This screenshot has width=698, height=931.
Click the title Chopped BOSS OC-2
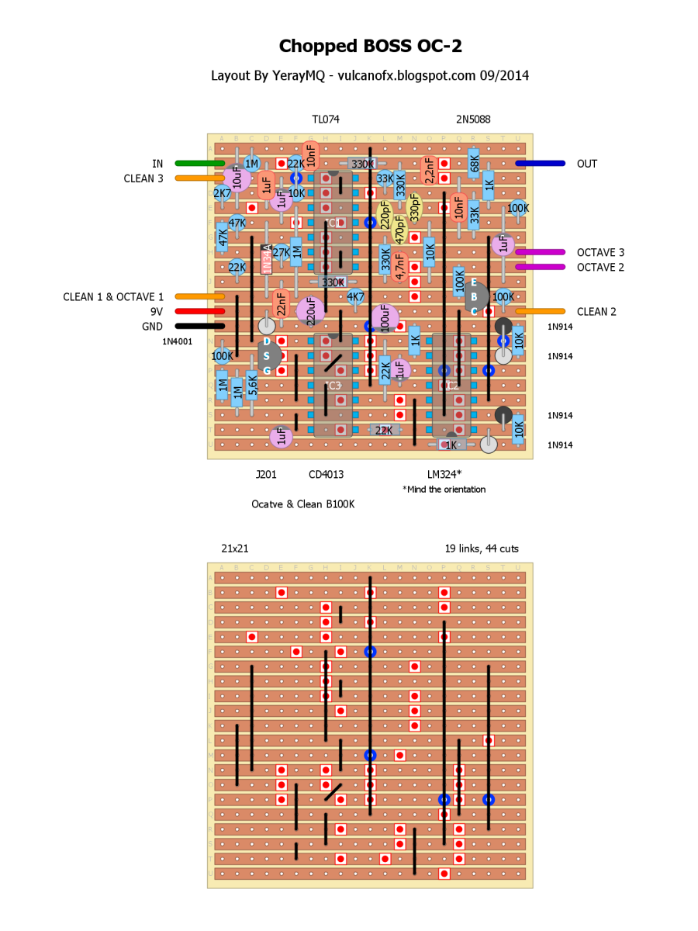(371, 47)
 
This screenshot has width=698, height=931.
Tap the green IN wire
(199, 164)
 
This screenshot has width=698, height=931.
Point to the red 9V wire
(199, 312)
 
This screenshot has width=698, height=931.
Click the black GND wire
(199, 327)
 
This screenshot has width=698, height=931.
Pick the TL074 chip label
(326, 119)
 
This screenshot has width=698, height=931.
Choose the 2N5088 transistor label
(473, 119)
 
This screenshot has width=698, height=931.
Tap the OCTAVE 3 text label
(600, 253)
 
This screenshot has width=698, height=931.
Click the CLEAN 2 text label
(596, 312)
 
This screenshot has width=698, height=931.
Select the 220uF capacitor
(311, 310)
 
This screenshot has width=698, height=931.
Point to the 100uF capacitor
(385, 317)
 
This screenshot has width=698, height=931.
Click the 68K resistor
(474, 163)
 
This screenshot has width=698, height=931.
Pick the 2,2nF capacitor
(428, 170)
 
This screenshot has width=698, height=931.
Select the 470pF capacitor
(399, 230)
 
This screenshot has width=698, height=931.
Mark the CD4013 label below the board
(326, 474)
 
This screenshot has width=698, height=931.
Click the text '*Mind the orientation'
(444, 490)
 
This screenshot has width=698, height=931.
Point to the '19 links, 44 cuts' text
(482, 549)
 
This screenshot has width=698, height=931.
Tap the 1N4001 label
(178, 341)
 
